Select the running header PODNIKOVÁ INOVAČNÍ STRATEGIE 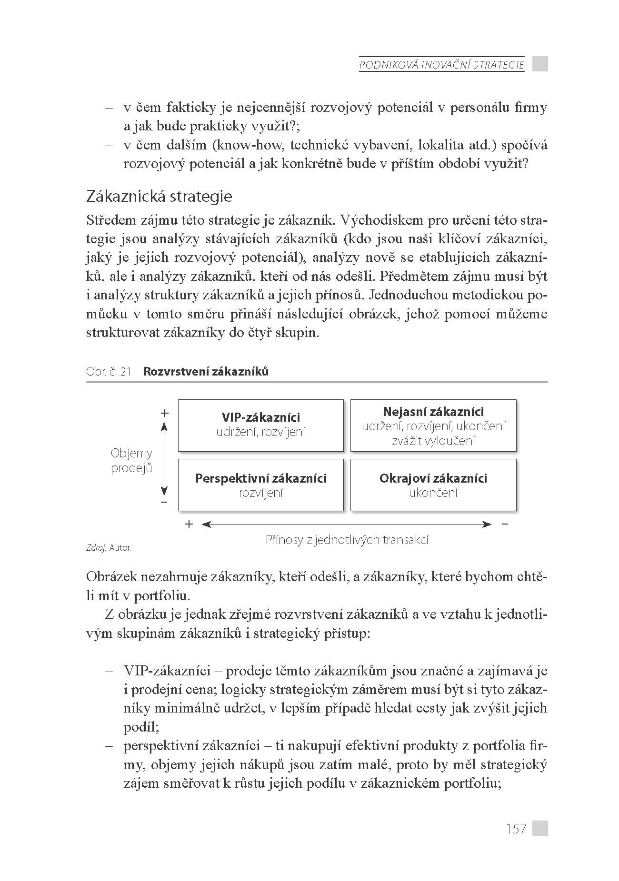click(441, 65)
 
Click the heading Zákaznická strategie click(159, 196)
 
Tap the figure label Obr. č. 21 click(109, 372)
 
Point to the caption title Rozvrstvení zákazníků click(206, 372)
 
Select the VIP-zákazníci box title click(261, 417)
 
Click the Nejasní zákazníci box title click(433, 412)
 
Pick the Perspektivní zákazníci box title click(261, 478)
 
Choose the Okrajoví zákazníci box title click(433, 478)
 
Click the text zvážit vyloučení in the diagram click(433, 441)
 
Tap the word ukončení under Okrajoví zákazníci click(433, 493)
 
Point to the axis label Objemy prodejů click(131, 460)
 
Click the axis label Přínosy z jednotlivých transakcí click(347, 540)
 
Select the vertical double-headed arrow click(164, 459)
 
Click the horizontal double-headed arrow click(347, 525)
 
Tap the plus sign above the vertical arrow click(164, 413)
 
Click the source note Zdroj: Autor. click(109, 548)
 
